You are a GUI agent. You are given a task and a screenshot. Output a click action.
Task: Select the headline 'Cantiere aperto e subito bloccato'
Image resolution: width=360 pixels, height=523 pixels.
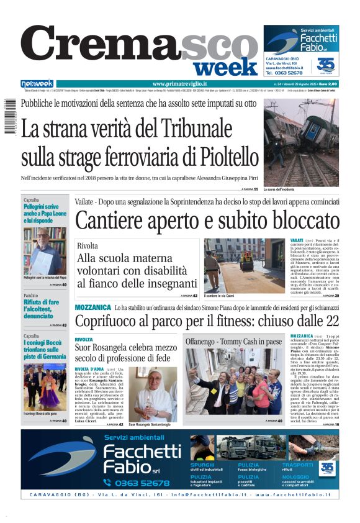pyautogui.click(x=207, y=221)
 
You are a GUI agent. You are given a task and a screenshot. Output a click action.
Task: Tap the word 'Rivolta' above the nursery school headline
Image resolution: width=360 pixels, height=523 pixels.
pyautogui.click(x=88, y=246)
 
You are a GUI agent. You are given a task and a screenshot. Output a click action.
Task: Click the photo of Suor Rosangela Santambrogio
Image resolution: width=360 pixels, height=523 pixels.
pyautogui.click(x=153, y=394)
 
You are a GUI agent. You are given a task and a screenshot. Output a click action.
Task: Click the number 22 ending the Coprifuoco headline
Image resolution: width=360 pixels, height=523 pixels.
pyautogui.click(x=332, y=321)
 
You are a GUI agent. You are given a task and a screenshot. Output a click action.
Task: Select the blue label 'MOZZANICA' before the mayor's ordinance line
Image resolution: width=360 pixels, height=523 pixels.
pyautogui.click(x=92, y=307)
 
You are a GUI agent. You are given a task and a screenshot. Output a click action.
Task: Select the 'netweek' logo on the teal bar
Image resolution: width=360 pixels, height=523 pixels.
pyautogui.click(x=37, y=84)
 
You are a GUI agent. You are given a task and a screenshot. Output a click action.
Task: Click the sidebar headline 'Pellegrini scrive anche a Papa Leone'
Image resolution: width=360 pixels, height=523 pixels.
pyautogui.click(x=42, y=213)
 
